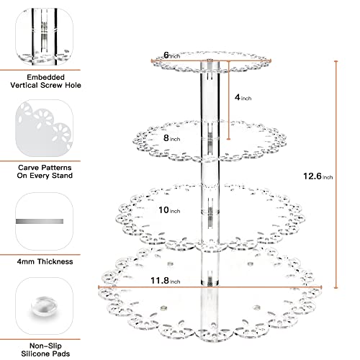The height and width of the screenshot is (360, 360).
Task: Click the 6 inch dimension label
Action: tap(172, 55)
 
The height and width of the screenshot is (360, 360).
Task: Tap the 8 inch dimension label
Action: tap(172, 138)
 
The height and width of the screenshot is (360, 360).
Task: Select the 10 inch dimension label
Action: tap(169, 210)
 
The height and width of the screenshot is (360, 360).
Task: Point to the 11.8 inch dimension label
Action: tap(166, 281)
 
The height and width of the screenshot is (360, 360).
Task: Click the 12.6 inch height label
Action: tap(318, 176)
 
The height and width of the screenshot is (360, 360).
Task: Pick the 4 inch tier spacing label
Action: tap(243, 97)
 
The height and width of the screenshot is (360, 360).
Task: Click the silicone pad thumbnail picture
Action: tap(45, 306)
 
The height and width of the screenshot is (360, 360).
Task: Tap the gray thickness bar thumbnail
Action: tap(40, 221)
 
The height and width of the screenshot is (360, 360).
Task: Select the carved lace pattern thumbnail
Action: tap(45, 128)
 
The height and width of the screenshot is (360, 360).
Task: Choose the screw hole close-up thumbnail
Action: tap(45, 37)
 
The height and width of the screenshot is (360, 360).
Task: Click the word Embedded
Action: tap(46, 77)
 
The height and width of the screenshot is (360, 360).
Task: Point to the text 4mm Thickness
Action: tap(45, 261)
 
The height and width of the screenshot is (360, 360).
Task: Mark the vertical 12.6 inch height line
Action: tap(336, 174)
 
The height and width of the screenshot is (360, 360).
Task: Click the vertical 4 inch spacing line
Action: tap(229, 100)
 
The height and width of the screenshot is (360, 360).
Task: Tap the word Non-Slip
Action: tap(45, 346)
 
